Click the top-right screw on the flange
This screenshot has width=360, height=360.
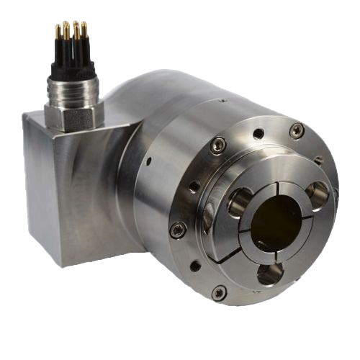pos(296,130)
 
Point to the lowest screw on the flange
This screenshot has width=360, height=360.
pos(220,292)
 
